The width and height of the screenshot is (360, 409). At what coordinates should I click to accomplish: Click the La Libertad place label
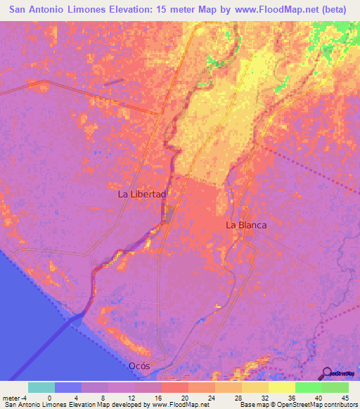[x=141, y=194]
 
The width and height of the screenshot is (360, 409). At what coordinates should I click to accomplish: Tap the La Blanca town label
[x=245, y=226]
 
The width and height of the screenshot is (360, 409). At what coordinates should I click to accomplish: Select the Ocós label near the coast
[x=139, y=366]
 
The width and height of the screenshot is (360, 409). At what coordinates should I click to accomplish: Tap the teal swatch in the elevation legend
[x=41, y=387]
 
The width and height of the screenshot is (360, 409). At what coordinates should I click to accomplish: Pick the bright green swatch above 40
[x=308, y=387]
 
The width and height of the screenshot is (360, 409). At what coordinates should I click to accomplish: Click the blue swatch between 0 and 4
[x=68, y=387]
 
